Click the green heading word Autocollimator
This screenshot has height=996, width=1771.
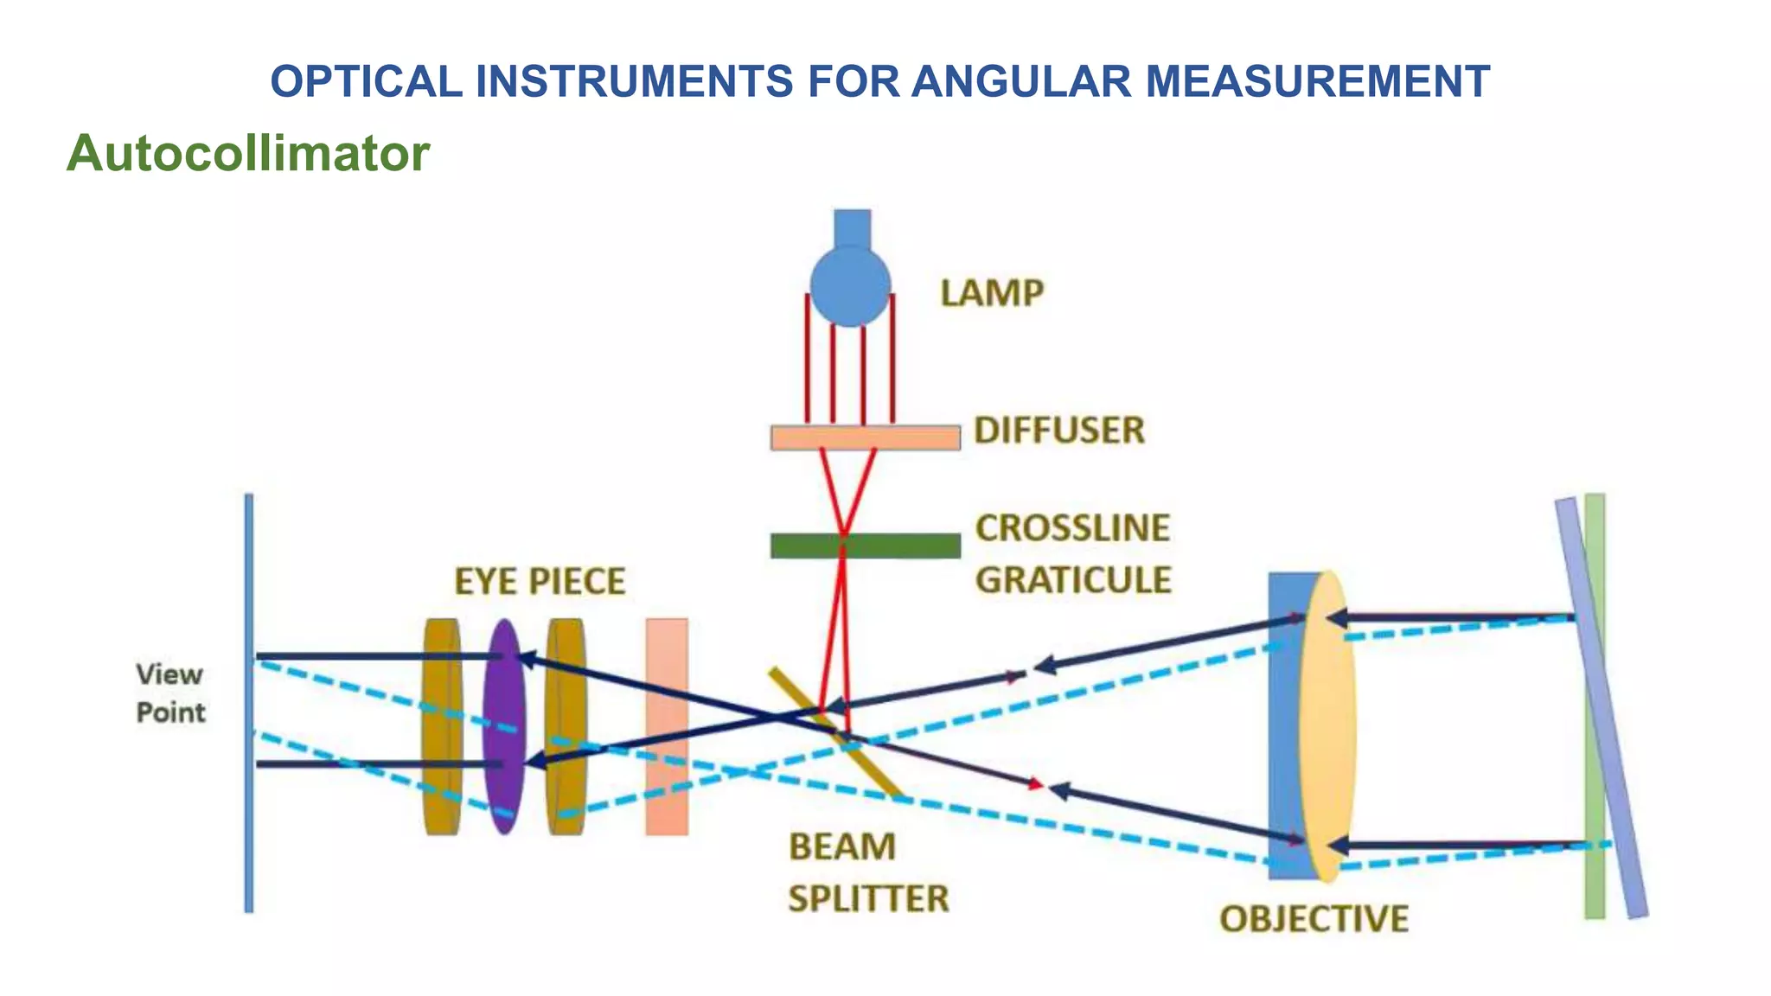coord(248,153)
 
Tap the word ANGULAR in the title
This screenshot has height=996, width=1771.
coord(1020,82)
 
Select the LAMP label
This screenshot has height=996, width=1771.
coord(992,293)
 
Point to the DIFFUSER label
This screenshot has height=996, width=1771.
coord(1059,430)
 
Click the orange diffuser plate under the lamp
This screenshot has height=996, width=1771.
coord(865,437)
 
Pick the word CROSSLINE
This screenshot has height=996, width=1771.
coord(1072,527)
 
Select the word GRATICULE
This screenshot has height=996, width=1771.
coord(1073,580)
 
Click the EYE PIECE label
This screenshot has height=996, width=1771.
coord(540,581)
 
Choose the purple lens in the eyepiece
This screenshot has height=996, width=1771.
coord(504,726)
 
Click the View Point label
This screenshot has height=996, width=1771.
coord(170,693)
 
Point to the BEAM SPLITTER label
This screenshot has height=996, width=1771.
coord(867,872)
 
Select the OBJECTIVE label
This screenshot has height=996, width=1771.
coord(1314,918)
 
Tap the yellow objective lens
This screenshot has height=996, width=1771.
coord(1327,726)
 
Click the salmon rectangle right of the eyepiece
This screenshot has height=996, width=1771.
coord(667,726)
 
